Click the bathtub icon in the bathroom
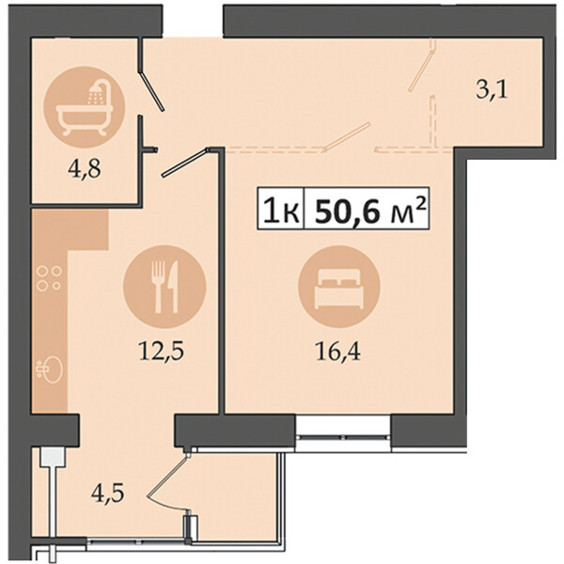[85, 107]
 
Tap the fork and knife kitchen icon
[164, 287]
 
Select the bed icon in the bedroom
[339, 287]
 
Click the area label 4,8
[85, 169]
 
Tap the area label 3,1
[492, 90]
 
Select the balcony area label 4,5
[107, 493]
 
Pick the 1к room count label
[281, 211]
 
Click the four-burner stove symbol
[49, 278]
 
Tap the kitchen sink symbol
[50, 368]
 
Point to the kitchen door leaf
[185, 163]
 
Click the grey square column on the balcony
[53, 457]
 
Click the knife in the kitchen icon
[174, 287]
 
